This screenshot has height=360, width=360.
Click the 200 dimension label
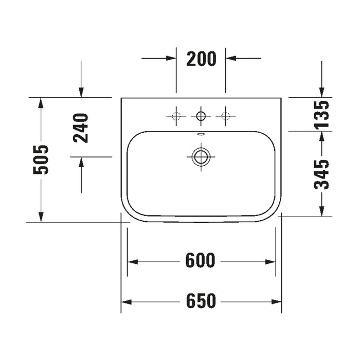click(x=201, y=59)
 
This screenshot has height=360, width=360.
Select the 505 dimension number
click(x=41, y=159)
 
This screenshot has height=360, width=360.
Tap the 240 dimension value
click(x=81, y=128)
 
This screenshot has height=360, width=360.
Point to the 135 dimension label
click(x=321, y=114)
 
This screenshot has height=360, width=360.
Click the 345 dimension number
click(x=321, y=175)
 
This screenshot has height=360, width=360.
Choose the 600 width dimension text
click(x=200, y=260)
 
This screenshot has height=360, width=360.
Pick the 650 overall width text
click(x=201, y=300)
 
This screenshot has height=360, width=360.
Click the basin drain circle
click(x=201, y=157)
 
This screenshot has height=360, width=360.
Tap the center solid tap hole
click(x=201, y=116)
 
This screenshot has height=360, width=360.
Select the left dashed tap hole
click(x=176, y=116)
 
